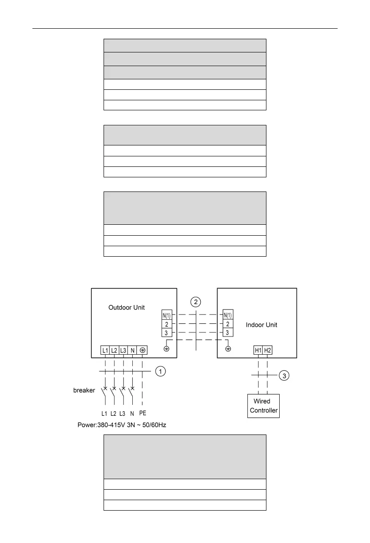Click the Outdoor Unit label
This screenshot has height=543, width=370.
pyautogui.click(x=126, y=308)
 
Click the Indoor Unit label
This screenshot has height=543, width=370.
pyautogui.click(x=261, y=325)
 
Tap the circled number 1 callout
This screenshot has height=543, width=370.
pyautogui.click(x=160, y=372)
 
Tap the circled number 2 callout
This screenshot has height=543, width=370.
pyautogui.click(x=195, y=301)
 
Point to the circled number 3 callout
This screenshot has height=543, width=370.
pyautogui.click(x=284, y=376)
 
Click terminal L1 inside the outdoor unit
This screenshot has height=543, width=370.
pyautogui.click(x=105, y=350)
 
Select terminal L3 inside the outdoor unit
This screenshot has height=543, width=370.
pyautogui.click(x=123, y=350)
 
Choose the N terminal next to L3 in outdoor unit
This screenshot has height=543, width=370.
pyautogui.click(x=132, y=350)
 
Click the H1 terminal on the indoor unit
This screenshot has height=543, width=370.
pyautogui.click(x=258, y=350)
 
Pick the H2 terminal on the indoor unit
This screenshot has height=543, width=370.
pyautogui.click(x=267, y=350)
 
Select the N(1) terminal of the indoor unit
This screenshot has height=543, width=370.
pyautogui.click(x=228, y=315)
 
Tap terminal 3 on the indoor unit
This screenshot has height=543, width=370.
pyautogui.click(x=228, y=332)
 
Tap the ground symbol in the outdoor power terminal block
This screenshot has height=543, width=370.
pyautogui.click(x=142, y=350)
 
